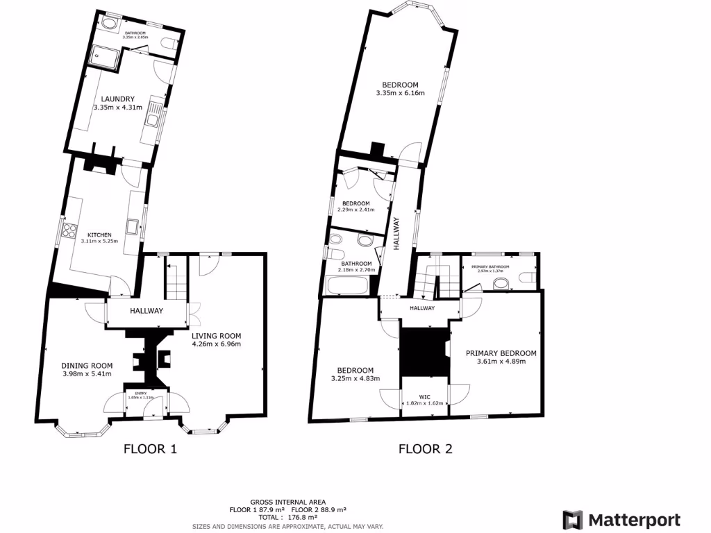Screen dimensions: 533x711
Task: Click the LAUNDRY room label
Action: [x=117, y=99]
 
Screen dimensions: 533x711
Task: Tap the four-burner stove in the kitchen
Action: [x=69, y=230]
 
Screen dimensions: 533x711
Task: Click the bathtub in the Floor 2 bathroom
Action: [x=349, y=285]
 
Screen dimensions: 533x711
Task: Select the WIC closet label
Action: [x=425, y=397]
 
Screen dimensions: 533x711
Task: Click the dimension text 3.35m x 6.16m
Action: [x=400, y=92]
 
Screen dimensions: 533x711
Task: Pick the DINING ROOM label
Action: [x=87, y=366]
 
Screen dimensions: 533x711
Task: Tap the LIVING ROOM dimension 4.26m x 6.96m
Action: [x=216, y=343]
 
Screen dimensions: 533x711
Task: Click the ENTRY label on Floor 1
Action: [x=142, y=394]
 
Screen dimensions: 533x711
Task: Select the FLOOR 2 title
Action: [x=425, y=449]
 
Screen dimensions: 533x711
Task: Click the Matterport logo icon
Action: [x=572, y=520]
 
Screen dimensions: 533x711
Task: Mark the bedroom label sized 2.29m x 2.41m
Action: [x=355, y=203]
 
